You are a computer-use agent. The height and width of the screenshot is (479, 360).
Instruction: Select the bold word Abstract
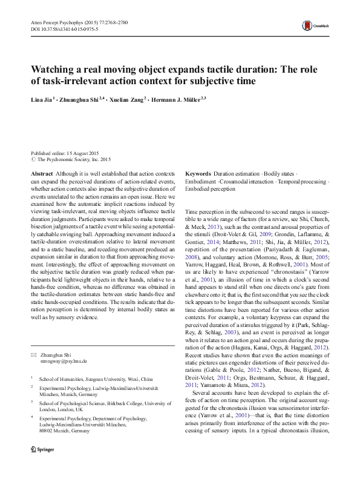(x=42, y=173)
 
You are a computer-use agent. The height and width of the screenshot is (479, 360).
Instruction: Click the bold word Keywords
(x=198, y=173)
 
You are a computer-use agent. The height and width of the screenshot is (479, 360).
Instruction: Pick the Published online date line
(x=66, y=154)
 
